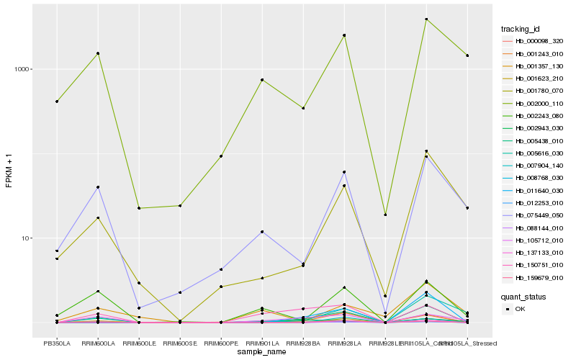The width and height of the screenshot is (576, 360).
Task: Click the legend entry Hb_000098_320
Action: click(x=539, y=41)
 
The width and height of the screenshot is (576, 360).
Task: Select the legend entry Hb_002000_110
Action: click(x=539, y=103)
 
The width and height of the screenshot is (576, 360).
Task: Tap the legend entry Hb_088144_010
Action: click(x=539, y=228)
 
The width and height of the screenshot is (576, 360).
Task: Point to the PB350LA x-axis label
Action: click(x=57, y=343)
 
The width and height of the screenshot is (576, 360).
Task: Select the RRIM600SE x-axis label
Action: click(x=180, y=343)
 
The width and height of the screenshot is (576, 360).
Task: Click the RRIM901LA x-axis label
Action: click(x=262, y=343)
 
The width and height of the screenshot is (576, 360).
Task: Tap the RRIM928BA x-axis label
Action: click(x=303, y=343)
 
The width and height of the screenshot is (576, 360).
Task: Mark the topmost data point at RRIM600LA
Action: click(x=98, y=53)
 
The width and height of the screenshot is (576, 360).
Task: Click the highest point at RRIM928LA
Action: click(x=344, y=35)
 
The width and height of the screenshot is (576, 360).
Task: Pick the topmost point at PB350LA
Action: click(x=57, y=102)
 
